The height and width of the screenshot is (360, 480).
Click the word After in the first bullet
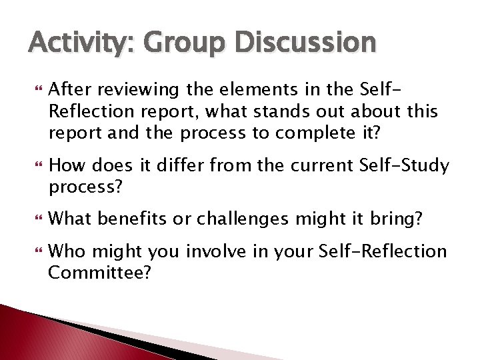[x=70, y=89]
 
